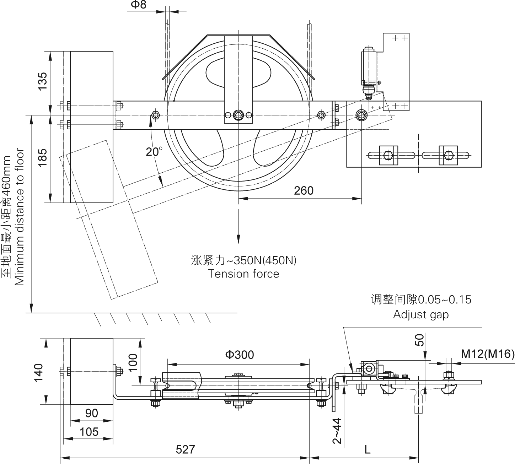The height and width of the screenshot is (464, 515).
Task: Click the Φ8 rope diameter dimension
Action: [x=138, y=5]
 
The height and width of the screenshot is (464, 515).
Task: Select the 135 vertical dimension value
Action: [x=42, y=81]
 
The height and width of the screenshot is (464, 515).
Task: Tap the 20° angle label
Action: [x=154, y=152]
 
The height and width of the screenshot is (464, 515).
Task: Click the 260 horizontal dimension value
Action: [x=304, y=191]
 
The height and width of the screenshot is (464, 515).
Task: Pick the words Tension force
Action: [x=243, y=274]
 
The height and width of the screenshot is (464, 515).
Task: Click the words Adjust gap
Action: [x=421, y=314]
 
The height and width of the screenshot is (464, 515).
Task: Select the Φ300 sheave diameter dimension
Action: [x=240, y=355]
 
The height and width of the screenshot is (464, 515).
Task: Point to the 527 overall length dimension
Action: [x=185, y=449]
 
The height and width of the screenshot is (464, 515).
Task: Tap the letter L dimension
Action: [x=367, y=450]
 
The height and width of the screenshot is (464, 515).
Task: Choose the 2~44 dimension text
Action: [x=337, y=431]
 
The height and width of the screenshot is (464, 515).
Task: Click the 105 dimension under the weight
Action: [x=88, y=432]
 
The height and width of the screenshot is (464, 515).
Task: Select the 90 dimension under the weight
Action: [x=91, y=413]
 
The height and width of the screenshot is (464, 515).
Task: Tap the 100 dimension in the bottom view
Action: [x=133, y=362]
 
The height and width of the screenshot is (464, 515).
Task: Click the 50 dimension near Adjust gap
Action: [x=420, y=340]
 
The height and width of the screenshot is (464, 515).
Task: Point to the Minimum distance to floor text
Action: [x=19, y=217]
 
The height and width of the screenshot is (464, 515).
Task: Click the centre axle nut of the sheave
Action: [x=238, y=115]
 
